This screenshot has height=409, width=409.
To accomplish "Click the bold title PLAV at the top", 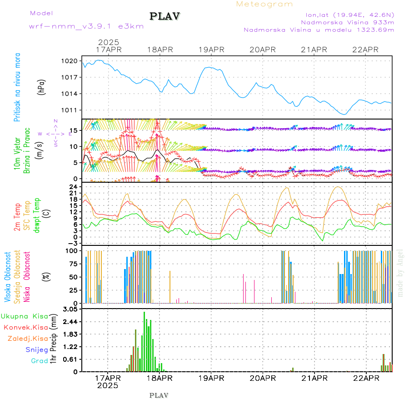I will coord(165,17).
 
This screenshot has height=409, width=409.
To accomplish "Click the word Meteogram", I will coord(265,4).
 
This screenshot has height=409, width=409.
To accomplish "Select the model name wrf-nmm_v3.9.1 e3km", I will coord(86,26).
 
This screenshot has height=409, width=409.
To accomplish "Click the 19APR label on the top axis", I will coord(211,50).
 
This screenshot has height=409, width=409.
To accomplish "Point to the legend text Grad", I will coord(40,361).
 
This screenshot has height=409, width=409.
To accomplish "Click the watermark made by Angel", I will coord(400,273).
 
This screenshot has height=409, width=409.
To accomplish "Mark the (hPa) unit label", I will coord(42,86).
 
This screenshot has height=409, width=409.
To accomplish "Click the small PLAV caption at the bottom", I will coord(159,395).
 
